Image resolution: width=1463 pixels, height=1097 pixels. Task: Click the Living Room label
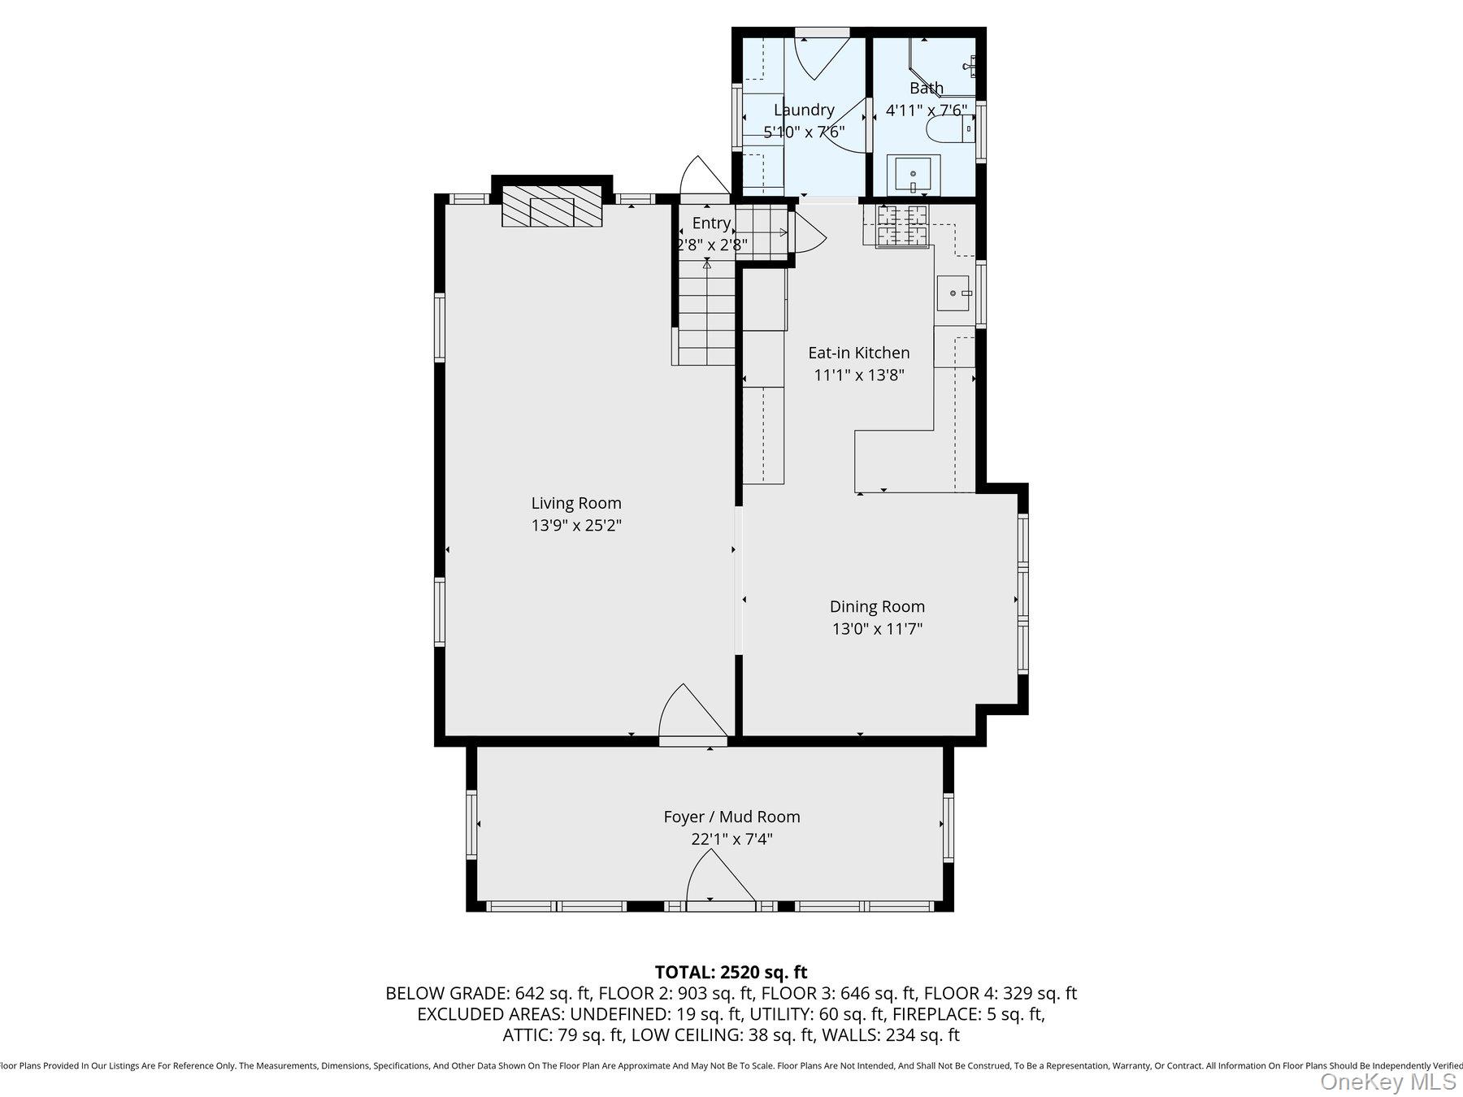576,503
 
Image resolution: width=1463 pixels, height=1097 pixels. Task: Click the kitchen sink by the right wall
953,293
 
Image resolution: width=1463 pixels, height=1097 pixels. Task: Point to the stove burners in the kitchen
901,225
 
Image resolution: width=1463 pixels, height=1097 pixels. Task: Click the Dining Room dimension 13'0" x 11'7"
877,629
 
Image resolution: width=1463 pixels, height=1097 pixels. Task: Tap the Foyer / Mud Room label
731,817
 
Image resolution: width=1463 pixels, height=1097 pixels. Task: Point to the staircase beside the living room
706,317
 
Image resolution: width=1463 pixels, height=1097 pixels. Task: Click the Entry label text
711,223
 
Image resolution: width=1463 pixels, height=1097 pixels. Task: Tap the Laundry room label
804,110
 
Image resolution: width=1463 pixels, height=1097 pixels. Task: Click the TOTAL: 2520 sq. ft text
731,972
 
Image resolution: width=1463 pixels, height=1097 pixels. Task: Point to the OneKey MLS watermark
1387,1082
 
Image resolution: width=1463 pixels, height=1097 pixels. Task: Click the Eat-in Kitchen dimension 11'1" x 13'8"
859,375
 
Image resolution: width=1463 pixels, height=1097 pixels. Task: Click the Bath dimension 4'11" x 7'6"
926,111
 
